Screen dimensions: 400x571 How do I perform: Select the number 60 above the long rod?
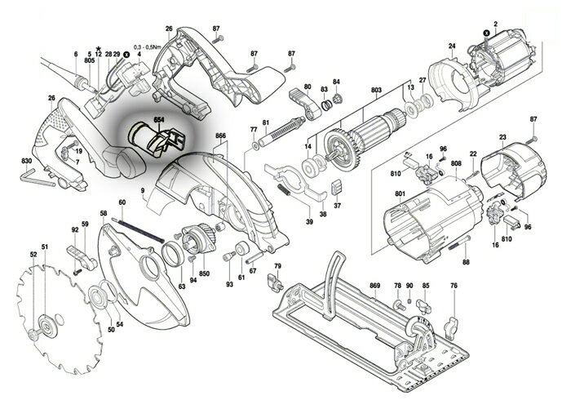coord(122,202)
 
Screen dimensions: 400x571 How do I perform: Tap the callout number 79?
coord(277,267)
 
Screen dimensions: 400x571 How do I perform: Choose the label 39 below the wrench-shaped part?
coord(309,221)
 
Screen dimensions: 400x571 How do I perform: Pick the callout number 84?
coord(335,82)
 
